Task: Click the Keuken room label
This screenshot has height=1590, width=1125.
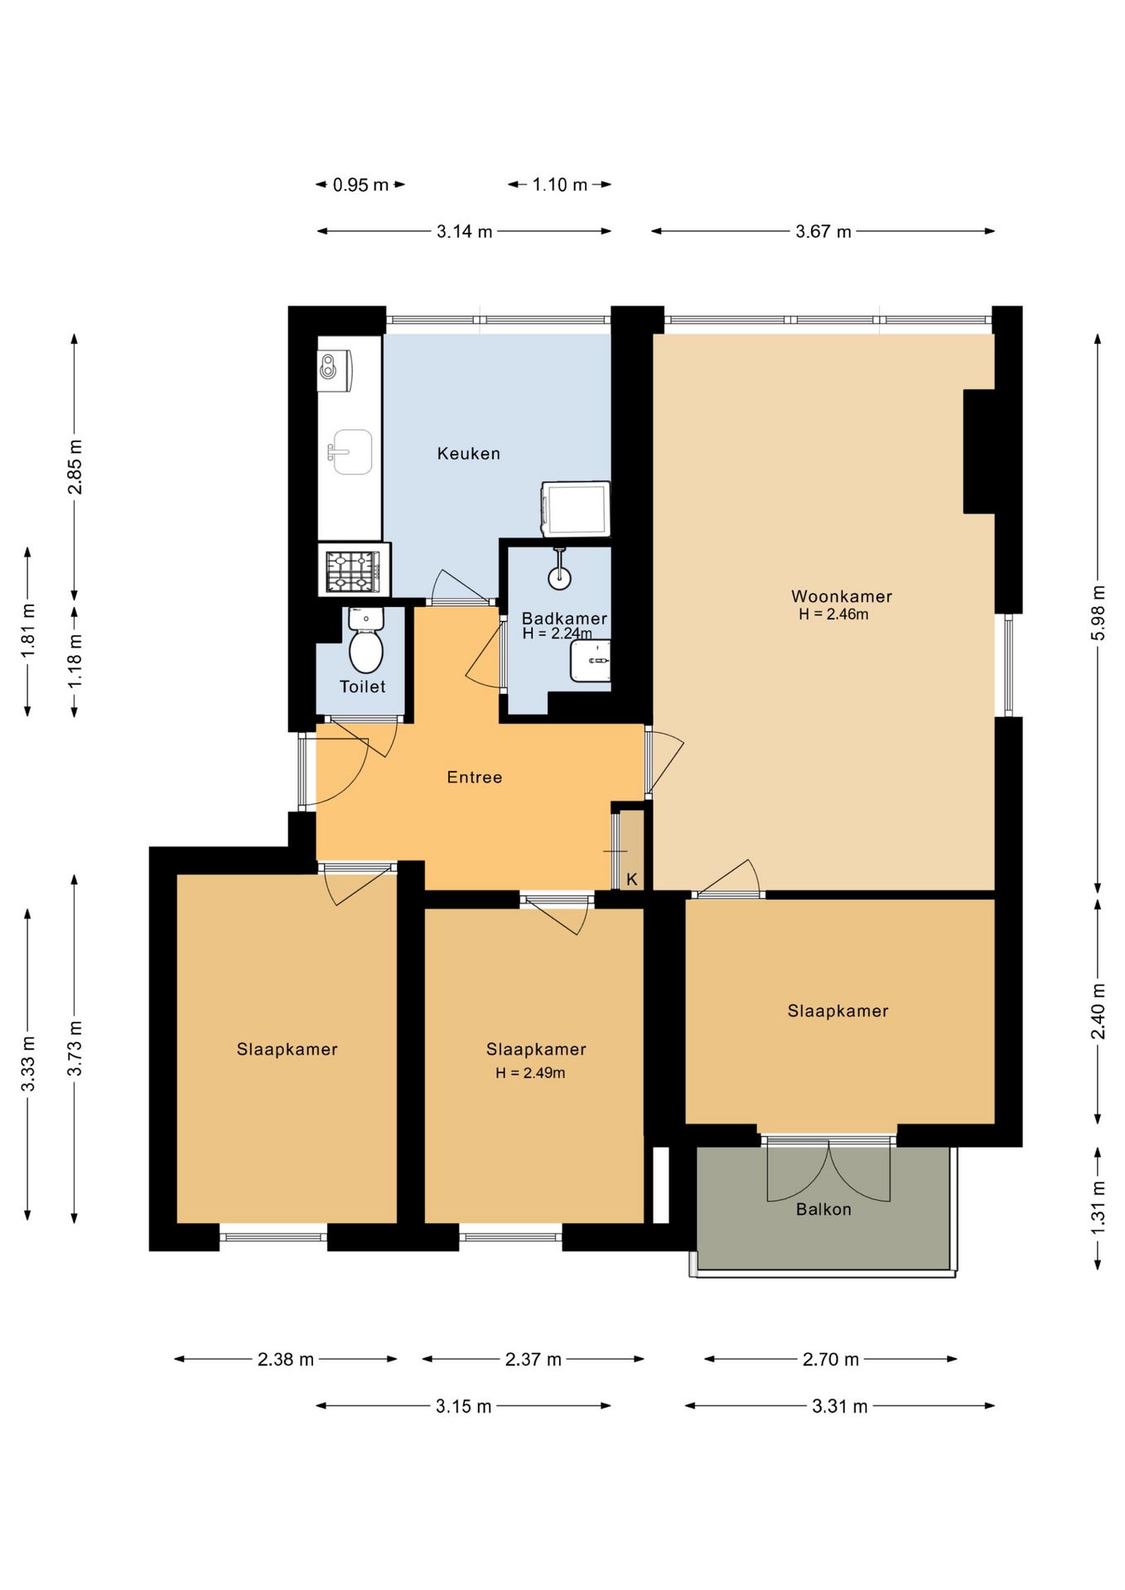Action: coord(468,453)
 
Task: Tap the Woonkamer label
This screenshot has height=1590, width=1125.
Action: coord(841,596)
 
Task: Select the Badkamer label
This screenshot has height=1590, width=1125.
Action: coord(564,618)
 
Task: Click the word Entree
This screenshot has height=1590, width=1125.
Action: coord(474,777)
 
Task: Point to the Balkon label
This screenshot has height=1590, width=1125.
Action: coord(823,1209)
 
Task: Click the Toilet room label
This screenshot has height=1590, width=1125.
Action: coord(362,687)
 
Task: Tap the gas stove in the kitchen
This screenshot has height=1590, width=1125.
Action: coord(354,571)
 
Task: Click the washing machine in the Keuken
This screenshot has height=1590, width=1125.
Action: coord(575,508)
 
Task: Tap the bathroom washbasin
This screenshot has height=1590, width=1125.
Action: coord(591,661)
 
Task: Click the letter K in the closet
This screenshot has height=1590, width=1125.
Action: coord(632,879)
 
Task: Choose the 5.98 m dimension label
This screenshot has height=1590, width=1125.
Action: coord(1098,613)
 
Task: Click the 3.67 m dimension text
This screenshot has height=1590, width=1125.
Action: coord(823,231)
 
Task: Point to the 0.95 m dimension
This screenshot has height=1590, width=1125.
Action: coord(360,185)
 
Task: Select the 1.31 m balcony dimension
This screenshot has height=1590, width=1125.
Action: coord(1098,1207)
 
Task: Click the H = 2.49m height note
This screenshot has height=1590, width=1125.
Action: coord(530,1072)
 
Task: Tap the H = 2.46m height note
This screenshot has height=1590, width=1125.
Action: coord(833,614)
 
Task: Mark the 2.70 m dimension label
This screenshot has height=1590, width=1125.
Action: coord(831,1359)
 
